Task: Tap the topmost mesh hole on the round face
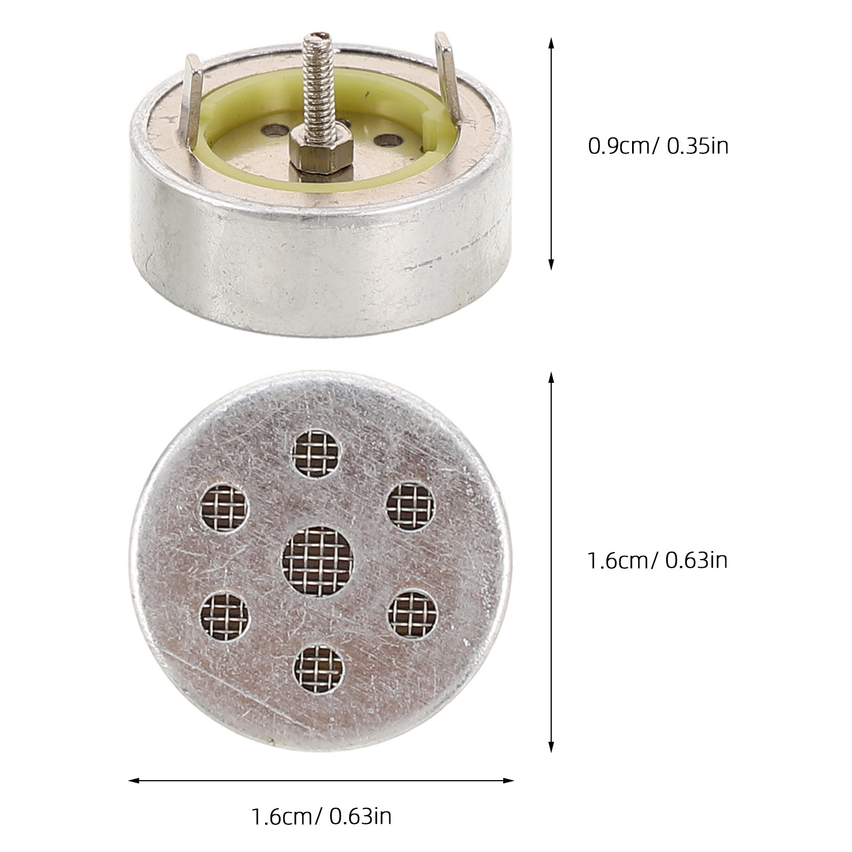316,453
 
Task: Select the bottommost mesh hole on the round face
319,669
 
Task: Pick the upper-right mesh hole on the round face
411,507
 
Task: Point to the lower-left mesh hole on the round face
225,616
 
